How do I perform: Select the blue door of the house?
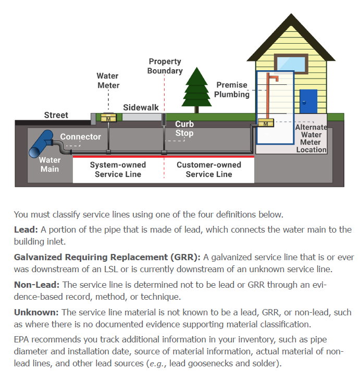(308, 102)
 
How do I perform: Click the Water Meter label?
(108, 81)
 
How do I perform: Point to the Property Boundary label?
(165, 66)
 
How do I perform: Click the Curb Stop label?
(184, 129)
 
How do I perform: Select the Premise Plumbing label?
(232, 90)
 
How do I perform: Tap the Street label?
(56, 115)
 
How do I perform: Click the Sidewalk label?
(141, 108)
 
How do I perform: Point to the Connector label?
(80, 137)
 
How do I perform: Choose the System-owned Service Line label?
(118, 170)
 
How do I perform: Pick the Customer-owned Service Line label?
(208, 170)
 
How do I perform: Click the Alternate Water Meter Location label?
(311, 138)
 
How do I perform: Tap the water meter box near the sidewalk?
(108, 118)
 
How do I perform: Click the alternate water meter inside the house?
(266, 124)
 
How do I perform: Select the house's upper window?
(291, 63)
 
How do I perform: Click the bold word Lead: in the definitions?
(26, 229)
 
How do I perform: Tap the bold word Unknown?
(36, 312)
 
